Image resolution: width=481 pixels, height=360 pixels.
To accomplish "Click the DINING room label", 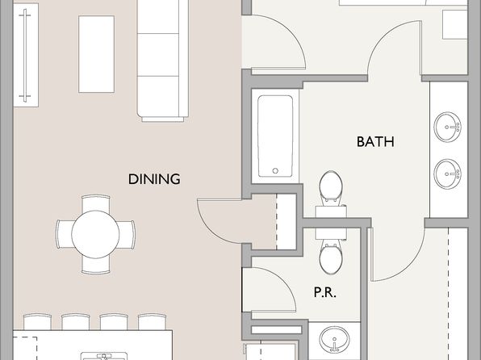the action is [x=154, y=179].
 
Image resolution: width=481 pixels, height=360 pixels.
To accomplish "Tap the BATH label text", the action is [x=375, y=142].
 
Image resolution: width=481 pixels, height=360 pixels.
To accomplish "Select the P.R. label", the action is [x=325, y=292].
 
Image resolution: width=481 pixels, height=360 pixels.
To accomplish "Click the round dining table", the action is [x=95, y=234].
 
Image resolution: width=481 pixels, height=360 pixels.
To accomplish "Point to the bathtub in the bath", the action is [x=275, y=136].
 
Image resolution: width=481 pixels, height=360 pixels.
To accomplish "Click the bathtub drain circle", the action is [x=275, y=170].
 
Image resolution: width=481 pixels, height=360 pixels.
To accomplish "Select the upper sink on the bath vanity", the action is [x=448, y=127].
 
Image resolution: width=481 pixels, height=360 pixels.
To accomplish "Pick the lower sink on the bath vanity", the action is [x=448, y=174].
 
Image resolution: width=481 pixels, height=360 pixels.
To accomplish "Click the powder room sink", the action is [x=334, y=339].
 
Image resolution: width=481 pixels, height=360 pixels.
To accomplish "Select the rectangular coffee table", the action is [x=96, y=54].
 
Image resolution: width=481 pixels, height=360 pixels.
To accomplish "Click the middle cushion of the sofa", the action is [x=158, y=55].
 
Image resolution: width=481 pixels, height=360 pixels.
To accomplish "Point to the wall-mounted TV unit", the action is [x=26, y=55].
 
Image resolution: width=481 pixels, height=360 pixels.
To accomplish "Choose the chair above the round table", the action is [x=96, y=203].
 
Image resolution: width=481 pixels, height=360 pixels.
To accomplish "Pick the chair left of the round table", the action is [x=64, y=234].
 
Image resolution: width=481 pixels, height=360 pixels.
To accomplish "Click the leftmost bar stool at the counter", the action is [x=37, y=321].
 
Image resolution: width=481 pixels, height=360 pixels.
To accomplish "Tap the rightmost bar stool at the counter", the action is [x=152, y=321].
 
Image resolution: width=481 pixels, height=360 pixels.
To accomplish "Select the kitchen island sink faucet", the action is [x=104, y=357].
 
